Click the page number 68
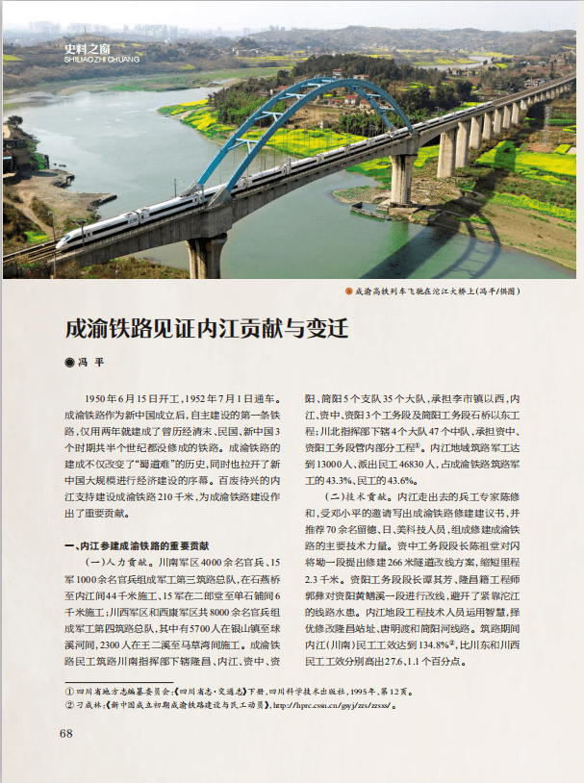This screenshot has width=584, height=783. point(66,734)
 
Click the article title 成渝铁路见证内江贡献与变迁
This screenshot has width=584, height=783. point(206,327)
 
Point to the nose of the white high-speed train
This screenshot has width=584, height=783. point(61,243)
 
